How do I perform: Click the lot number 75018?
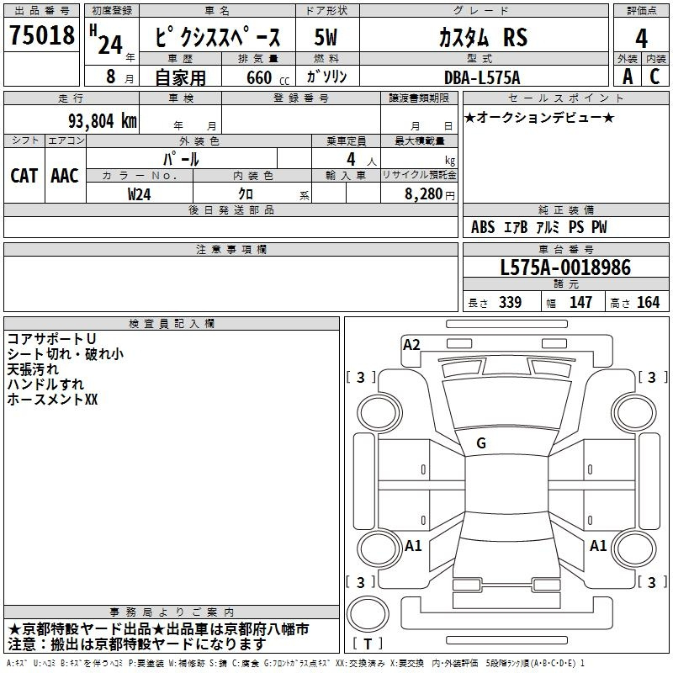click(41, 34)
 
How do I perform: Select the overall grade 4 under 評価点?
click(641, 38)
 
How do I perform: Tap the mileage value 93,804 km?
click(103, 121)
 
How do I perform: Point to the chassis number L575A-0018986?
click(565, 268)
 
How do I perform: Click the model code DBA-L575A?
click(482, 77)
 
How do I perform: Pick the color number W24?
click(139, 194)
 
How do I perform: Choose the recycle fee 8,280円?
click(430, 194)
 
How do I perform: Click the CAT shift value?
click(24, 176)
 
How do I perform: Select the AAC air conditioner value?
click(65, 176)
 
